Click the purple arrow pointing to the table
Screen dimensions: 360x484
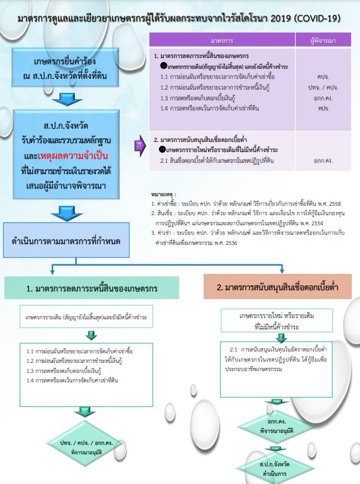[x=140, y=145]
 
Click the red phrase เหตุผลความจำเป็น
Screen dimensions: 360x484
[x=73, y=155]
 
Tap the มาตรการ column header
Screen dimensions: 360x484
[x=222, y=40]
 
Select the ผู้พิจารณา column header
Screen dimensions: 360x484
[x=323, y=40]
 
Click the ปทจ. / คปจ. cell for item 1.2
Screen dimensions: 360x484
[x=323, y=87]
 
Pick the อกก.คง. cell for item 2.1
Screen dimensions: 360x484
[x=323, y=160]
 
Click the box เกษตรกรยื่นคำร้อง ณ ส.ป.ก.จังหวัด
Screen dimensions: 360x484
[x=65, y=68]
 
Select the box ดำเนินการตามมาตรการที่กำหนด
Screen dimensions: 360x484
[x=66, y=240]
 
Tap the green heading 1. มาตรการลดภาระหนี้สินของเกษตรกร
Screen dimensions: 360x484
[x=91, y=288]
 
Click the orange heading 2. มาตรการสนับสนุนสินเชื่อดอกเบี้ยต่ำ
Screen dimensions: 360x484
[x=277, y=286]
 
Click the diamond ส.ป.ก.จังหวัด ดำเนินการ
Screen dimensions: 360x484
[x=274, y=468]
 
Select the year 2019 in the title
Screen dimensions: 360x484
[x=281, y=18]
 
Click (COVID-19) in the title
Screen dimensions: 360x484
[x=317, y=18]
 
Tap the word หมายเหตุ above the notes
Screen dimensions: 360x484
[x=163, y=194]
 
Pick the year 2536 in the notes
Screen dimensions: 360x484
[x=231, y=243]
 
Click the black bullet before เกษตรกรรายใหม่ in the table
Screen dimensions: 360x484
[x=163, y=150]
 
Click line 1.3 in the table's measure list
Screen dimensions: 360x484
[x=197, y=98]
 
